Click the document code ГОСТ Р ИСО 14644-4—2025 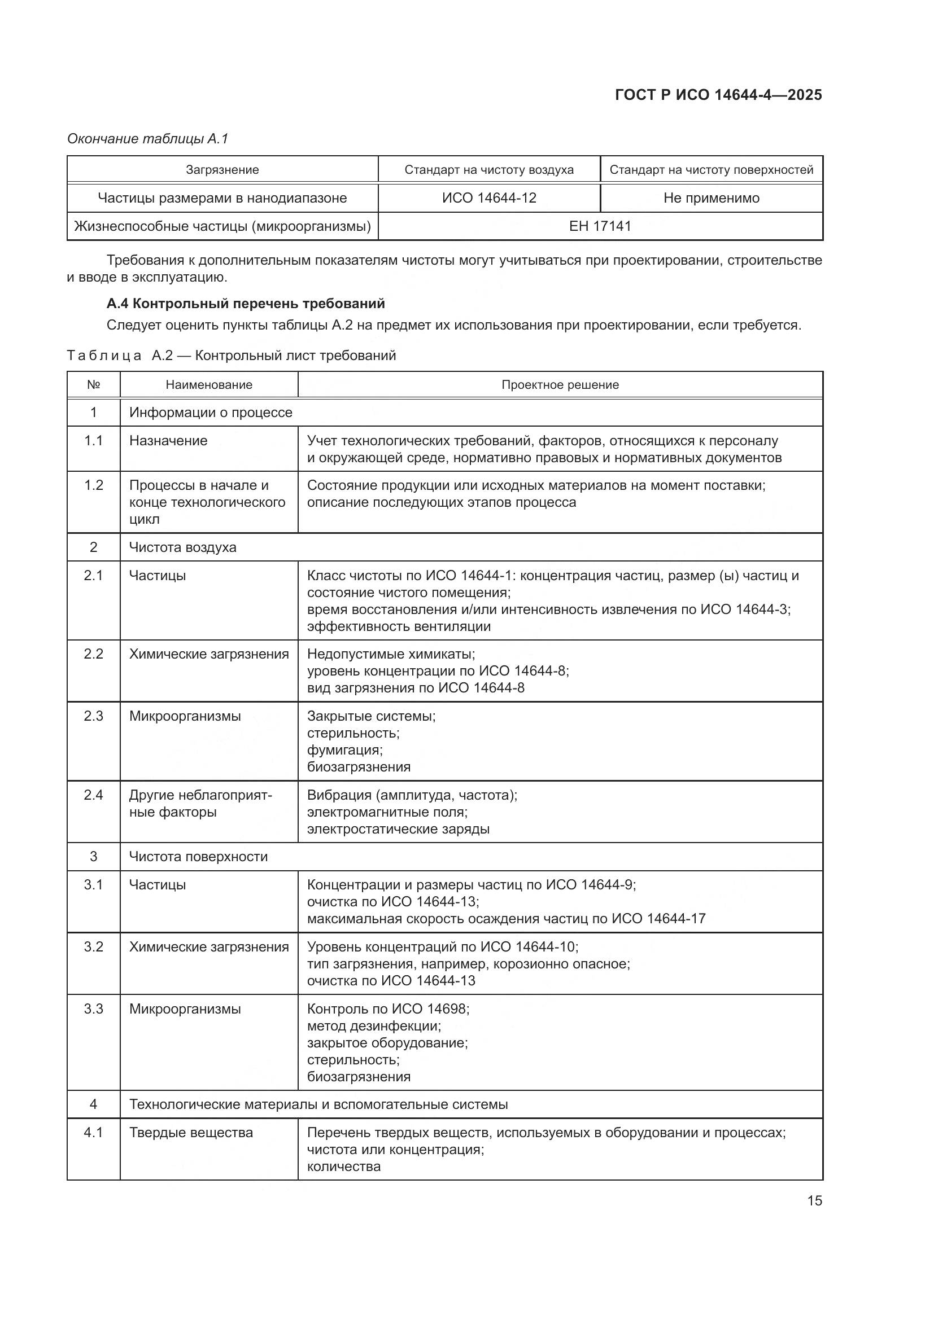coord(718,95)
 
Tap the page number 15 coord(814,1200)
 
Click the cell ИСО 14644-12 coord(489,198)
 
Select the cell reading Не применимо coord(711,198)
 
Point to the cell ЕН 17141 coord(600,226)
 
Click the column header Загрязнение coord(222,170)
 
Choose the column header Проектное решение coord(560,385)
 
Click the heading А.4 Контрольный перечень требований coord(246,303)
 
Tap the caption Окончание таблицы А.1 coord(148,139)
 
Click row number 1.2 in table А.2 coord(93,485)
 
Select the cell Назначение coord(168,440)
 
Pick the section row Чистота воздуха coord(182,547)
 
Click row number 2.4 coord(93,795)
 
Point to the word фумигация coord(344,749)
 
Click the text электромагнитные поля coord(387,812)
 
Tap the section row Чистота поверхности coord(198,857)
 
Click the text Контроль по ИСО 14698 coord(387,1009)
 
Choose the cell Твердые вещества coord(190,1133)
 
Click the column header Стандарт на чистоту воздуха coord(489,170)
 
